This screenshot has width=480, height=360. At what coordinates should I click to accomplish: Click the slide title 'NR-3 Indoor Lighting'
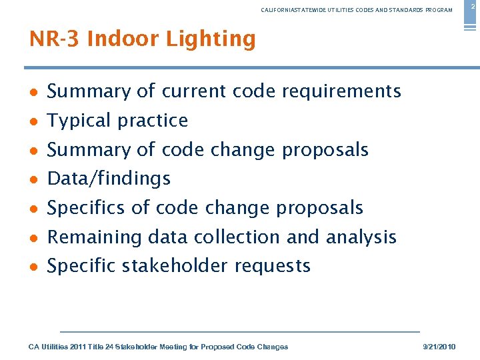(143, 39)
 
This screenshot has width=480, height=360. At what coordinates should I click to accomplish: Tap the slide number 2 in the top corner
(473, 6)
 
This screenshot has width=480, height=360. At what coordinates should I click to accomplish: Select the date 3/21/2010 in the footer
(440, 347)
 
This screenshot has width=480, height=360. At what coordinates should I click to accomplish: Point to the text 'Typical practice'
(118, 121)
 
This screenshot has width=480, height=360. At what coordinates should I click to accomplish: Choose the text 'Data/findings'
(109, 179)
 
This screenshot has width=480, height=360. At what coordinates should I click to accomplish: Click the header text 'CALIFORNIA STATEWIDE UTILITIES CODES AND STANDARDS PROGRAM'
(357, 10)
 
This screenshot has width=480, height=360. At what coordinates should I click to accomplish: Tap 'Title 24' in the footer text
(99, 347)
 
